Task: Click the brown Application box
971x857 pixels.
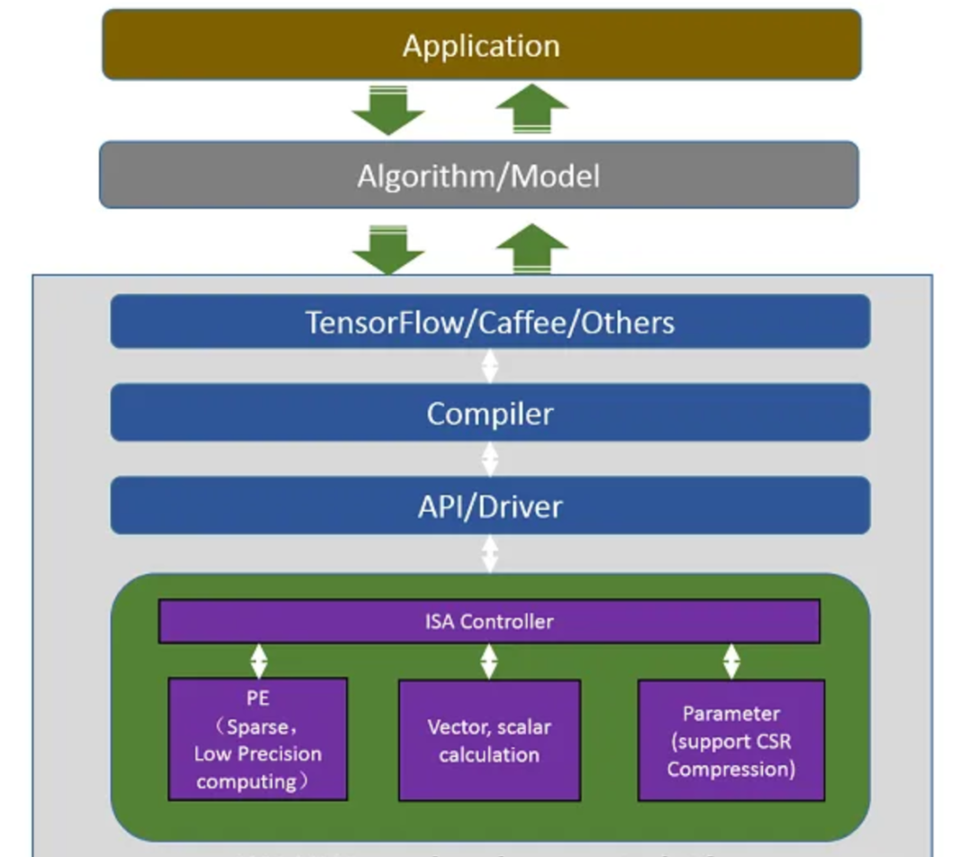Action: (481, 45)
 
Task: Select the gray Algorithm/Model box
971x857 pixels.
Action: (478, 174)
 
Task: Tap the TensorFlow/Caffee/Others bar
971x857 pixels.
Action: (490, 321)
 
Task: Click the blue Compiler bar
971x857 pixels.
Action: (490, 414)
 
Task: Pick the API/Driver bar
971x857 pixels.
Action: (490, 506)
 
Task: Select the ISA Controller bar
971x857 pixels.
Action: (489, 621)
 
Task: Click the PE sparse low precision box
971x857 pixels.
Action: (257, 739)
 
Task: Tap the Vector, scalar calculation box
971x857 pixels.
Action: (489, 740)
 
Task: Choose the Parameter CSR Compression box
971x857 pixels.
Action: (731, 740)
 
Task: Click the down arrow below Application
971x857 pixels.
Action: (388, 111)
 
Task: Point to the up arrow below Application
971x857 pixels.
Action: (532, 110)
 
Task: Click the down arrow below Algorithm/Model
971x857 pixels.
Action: (388, 248)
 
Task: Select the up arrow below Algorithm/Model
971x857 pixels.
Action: (532, 248)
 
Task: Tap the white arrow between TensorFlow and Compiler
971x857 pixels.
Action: (490, 366)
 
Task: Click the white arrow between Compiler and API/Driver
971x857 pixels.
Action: (490, 459)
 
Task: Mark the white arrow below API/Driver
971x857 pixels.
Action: (490, 553)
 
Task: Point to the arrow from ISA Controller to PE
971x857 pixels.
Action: (259, 661)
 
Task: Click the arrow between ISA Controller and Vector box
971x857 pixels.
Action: (489, 661)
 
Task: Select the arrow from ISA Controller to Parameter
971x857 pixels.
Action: (731, 661)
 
